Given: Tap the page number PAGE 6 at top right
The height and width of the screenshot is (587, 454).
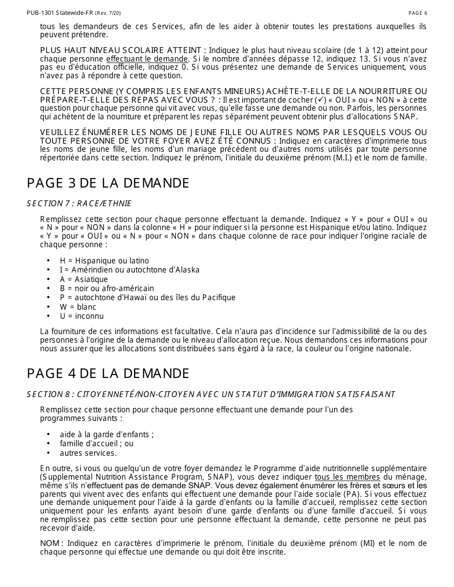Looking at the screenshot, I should point(418,13).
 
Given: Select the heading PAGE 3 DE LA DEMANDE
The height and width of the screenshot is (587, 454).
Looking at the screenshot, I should point(108,183).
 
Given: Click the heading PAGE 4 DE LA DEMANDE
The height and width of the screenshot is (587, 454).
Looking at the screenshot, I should point(108,374).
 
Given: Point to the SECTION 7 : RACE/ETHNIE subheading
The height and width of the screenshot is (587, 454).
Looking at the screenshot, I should point(79,204).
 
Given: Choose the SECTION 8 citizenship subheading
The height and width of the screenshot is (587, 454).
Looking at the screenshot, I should point(211,394).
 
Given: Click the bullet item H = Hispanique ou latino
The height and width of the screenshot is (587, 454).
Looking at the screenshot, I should point(104,261).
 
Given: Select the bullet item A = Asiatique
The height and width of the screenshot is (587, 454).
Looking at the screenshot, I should point(84,279).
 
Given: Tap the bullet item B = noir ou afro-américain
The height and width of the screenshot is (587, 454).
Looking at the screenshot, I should point(107,288).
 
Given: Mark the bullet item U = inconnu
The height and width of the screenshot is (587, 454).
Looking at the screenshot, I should point(81,316).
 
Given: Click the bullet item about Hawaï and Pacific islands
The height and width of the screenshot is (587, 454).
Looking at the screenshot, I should point(147,297).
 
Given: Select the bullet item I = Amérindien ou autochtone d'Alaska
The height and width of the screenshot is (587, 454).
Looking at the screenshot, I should point(130,270).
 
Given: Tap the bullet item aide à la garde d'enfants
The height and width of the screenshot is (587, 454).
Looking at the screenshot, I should point(107,434).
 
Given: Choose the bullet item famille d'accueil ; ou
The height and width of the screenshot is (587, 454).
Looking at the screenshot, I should point(97,443).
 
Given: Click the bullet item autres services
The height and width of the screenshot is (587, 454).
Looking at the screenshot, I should point(88,453).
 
